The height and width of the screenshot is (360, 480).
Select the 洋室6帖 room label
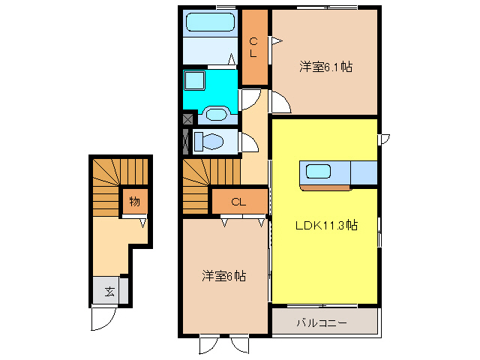pos(223,276)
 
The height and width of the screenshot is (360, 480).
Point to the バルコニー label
pos(321,323)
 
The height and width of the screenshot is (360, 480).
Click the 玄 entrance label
pos(109,292)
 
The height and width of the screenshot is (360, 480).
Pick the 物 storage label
pos(134,201)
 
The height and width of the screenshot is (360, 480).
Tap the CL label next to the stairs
pos(238,201)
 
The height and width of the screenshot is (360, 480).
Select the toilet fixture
pos(211,141)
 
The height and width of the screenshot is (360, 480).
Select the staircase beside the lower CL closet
pos(197,188)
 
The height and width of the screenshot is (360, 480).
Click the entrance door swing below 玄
pos(103,318)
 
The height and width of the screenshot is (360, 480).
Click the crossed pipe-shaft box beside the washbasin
pos(187,117)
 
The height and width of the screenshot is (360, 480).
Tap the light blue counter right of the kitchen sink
pos(363,172)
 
